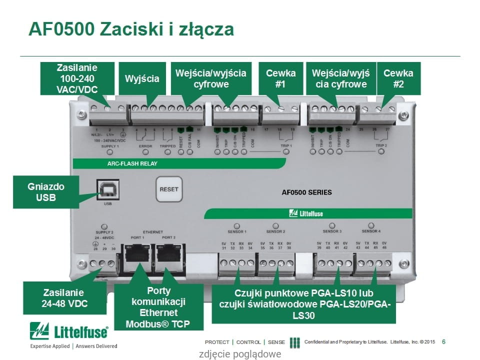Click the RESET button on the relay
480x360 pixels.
pyautogui.click(x=168, y=189)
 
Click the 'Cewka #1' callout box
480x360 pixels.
pyautogui.click(x=280, y=78)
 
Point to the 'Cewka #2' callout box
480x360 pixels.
pyautogui.click(x=398, y=78)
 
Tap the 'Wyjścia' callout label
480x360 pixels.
pyautogui.click(x=142, y=78)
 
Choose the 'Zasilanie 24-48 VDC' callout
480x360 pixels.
pyautogui.click(x=63, y=298)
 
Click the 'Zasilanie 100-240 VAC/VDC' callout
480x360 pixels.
pyautogui.click(x=77, y=78)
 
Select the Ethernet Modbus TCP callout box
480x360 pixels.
pyautogui.click(x=158, y=307)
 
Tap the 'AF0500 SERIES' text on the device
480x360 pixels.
pyautogui.click(x=307, y=192)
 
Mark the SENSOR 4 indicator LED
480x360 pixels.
pyautogui.click(x=371, y=225)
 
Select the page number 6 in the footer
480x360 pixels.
pyautogui.click(x=444, y=342)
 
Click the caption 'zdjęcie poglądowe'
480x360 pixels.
pyautogui.click(x=240, y=354)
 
